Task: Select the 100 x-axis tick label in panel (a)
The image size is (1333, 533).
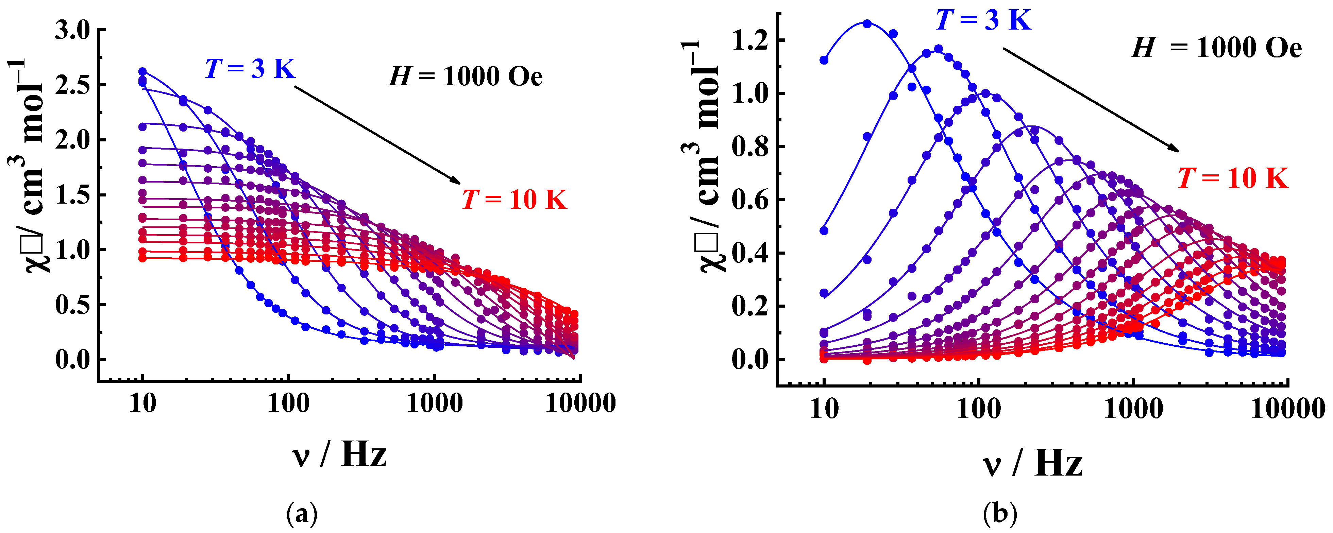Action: click(288, 403)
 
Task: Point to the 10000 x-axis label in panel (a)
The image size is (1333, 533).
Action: click(580, 403)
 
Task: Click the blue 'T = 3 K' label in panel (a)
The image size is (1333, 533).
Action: click(250, 68)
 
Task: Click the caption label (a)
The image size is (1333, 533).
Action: click(302, 514)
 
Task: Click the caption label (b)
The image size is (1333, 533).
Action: click(1000, 514)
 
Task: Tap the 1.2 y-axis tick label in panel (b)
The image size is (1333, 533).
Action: click(751, 41)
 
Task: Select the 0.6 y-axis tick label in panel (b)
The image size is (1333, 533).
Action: click(751, 200)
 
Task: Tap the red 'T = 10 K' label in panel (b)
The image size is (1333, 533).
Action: click(1233, 178)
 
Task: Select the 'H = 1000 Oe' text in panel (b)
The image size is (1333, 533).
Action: click(1216, 48)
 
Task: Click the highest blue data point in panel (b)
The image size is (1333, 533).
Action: click(867, 24)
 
